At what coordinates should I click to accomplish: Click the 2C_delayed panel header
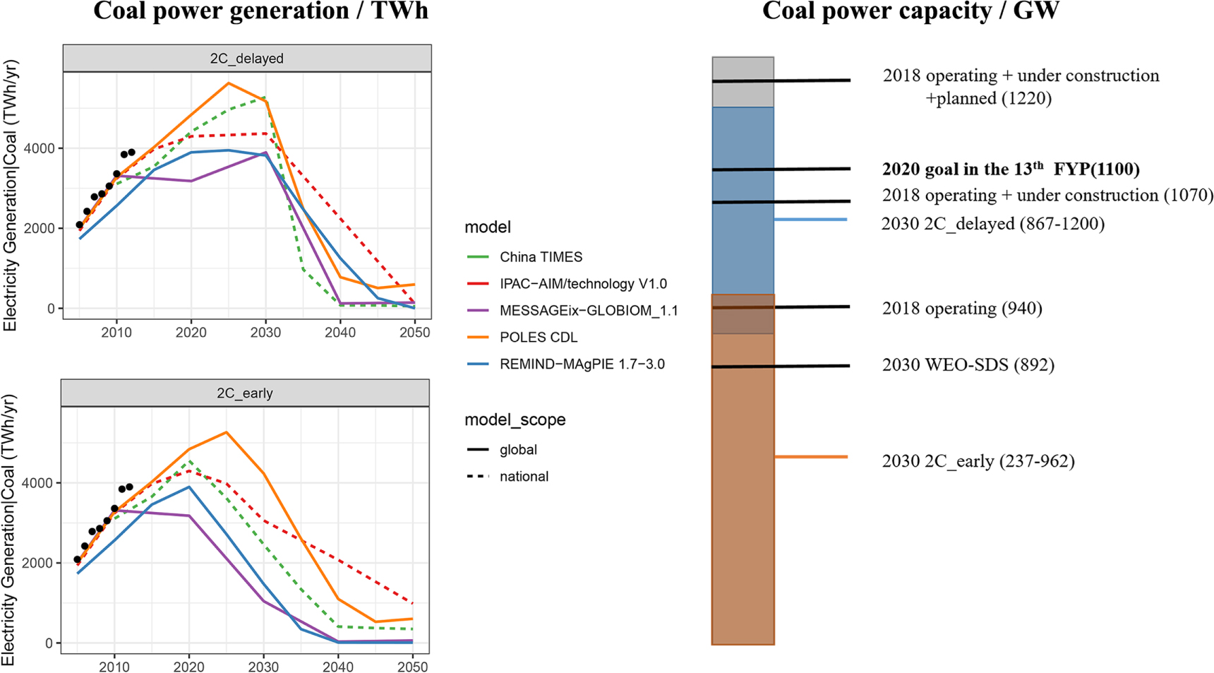[x=246, y=59]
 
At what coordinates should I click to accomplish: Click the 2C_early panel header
[x=244, y=393]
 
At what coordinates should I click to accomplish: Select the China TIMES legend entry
[x=541, y=257]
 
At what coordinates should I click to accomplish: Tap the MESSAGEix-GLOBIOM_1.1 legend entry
[x=588, y=311]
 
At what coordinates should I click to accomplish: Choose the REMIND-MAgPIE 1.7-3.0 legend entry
[x=582, y=364]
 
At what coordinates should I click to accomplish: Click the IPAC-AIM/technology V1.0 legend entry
[x=583, y=284]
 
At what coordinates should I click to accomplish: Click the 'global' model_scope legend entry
[x=518, y=450]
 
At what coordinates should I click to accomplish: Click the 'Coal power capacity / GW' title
[x=910, y=11]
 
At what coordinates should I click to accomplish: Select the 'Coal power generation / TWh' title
[x=260, y=11]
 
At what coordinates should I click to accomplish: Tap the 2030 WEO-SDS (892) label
[x=968, y=365]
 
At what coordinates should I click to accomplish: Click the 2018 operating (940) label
[x=962, y=309]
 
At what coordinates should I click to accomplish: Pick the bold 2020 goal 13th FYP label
[x=1011, y=169]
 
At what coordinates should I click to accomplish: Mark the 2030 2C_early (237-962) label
[x=978, y=461]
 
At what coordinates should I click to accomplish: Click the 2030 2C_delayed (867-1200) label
[x=993, y=224]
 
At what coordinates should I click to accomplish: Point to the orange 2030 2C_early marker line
[x=811, y=457]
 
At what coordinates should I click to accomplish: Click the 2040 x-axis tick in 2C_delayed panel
[x=340, y=333]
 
